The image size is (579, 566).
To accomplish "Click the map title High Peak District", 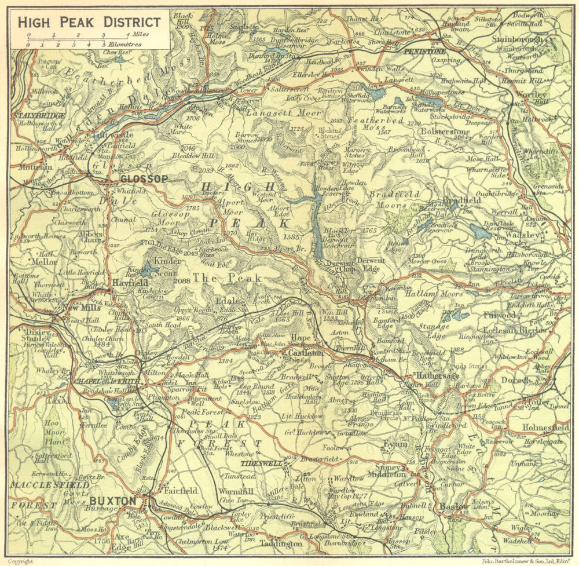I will tap(89, 23).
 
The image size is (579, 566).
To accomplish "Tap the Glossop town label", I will tap(144, 180).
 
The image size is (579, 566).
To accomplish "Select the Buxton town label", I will tap(113, 501).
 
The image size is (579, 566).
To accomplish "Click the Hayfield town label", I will tap(127, 284).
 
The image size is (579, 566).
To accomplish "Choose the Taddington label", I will tap(281, 543).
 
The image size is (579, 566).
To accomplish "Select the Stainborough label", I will tap(517, 40).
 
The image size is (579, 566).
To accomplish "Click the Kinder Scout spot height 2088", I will tap(181, 281).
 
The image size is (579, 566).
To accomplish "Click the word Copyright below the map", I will tap(21, 561).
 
